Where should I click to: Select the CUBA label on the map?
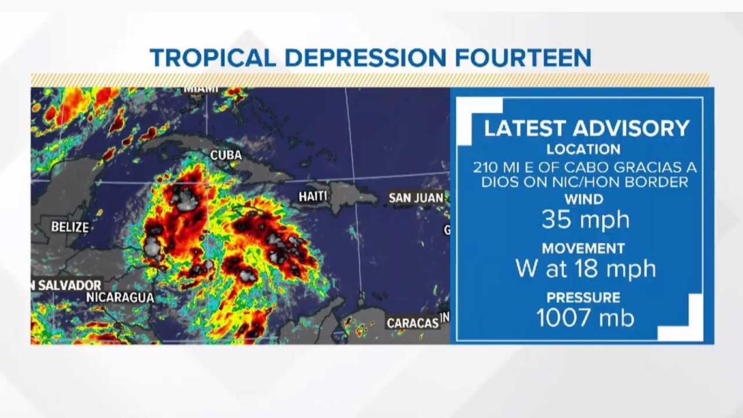[x=226, y=155]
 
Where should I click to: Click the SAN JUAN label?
[x=416, y=197]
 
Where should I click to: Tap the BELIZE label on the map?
[x=70, y=227]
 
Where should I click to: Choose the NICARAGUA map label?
[x=120, y=297]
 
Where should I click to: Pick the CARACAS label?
[x=413, y=323]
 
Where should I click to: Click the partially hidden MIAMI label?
[x=201, y=89]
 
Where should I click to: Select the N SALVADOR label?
[x=67, y=285]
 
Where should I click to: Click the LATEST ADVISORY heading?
[x=586, y=128]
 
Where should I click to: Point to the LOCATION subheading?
[x=583, y=149]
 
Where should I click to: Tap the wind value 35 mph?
[x=585, y=220]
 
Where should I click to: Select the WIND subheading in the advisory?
[x=583, y=199]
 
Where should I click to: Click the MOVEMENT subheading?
[x=583, y=248]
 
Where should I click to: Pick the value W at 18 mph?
[x=585, y=268]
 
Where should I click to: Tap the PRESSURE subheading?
[x=583, y=297]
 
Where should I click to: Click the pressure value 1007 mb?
[x=585, y=318]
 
